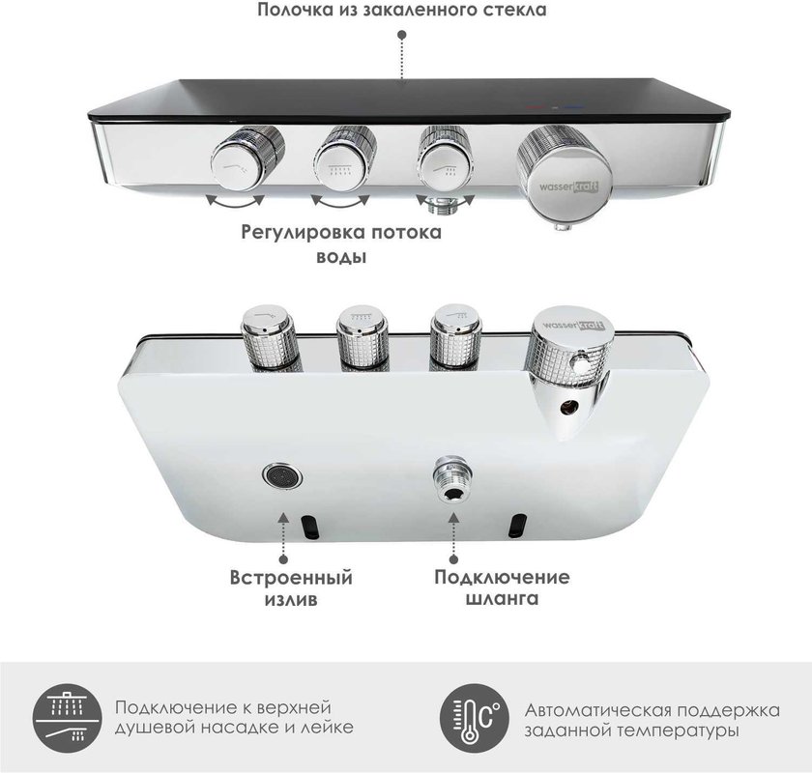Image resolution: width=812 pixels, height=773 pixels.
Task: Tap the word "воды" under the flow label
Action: pyautogui.click(x=341, y=257)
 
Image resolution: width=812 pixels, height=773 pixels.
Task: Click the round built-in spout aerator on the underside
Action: pyautogui.click(x=282, y=475)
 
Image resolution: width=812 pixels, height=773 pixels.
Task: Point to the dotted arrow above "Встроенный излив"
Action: pyautogui.click(x=283, y=537)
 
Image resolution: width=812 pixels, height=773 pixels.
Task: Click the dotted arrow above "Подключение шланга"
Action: pyautogui.click(x=453, y=537)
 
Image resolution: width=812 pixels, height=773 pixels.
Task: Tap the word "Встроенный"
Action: pyautogui.click(x=291, y=577)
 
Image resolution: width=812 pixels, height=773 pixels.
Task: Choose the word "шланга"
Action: pyautogui.click(x=503, y=599)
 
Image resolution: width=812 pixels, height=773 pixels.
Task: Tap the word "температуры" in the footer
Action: pyautogui.click(x=679, y=731)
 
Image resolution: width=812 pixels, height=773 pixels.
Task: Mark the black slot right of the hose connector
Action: pyautogui.click(x=517, y=525)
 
